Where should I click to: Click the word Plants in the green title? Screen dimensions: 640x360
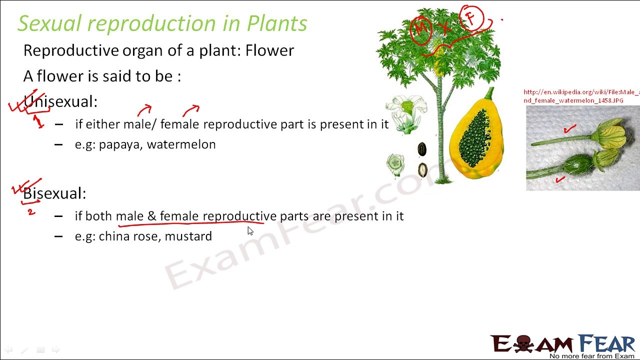click(277, 23)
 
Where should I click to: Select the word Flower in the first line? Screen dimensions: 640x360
click(269, 50)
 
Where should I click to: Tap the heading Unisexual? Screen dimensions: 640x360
click(60, 101)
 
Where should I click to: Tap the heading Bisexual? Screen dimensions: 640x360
click(54, 193)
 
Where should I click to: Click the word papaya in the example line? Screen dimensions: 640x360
click(120, 145)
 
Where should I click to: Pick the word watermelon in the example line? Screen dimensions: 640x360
click(181, 144)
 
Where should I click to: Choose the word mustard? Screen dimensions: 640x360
click(188, 236)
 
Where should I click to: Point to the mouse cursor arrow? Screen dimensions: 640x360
click(250, 231)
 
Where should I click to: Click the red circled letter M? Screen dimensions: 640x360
click(420, 29)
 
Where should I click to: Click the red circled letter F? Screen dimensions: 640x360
click(471, 17)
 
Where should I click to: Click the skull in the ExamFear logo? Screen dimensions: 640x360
click(523, 343)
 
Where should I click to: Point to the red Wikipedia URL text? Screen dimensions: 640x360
click(581, 96)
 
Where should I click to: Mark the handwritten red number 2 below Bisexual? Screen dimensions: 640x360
click(31, 212)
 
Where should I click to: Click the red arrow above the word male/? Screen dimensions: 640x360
click(144, 110)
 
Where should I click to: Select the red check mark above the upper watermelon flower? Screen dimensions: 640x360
click(569, 129)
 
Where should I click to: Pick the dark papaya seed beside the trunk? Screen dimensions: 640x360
click(422, 149)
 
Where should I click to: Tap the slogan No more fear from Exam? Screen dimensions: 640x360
click(591, 356)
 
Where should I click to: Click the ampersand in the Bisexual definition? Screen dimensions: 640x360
click(152, 216)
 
